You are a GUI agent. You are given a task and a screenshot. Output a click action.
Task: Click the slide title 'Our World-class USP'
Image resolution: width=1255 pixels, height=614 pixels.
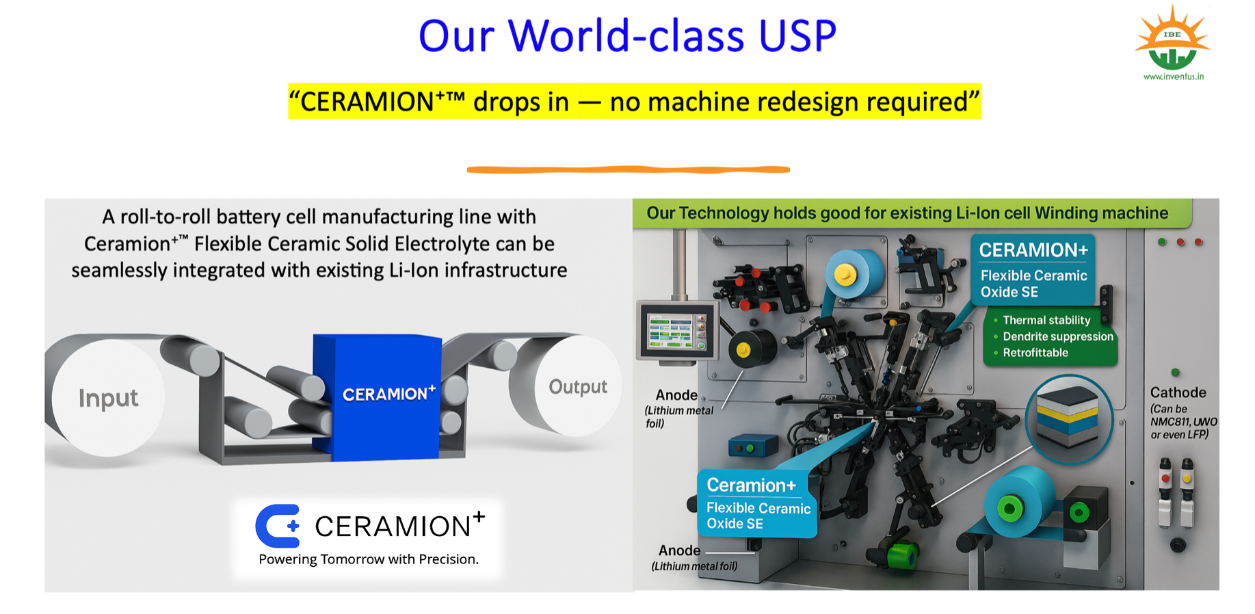click(x=627, y=36)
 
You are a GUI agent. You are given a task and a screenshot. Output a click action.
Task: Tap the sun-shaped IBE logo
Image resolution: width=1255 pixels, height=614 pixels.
click(x=1172, y=38)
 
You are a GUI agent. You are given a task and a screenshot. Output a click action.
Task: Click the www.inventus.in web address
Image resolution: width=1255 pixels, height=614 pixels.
click(x=1174, y=77)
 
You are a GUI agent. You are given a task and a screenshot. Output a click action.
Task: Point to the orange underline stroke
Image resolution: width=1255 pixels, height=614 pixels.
click(x=629, y=169)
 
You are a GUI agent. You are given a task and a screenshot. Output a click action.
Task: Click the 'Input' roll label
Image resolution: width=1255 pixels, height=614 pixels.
click(x=108, y=398)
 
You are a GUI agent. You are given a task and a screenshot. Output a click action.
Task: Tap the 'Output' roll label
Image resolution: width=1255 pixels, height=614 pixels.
click(x=578, y=387)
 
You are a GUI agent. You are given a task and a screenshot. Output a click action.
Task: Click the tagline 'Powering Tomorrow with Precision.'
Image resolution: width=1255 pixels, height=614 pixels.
click(x=369, y=559)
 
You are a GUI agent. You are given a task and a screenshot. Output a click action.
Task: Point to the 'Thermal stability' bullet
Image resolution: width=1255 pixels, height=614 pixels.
click(x=1046, y=320)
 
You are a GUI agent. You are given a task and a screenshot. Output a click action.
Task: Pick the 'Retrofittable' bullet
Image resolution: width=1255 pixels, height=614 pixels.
click(x=1035, y=353)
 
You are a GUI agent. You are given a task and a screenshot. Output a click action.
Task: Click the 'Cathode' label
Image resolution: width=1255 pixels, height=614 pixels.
click(x=1178, y=392)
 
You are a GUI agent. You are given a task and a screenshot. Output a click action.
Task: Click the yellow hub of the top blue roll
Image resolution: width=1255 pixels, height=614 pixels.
click(x=845, y=275)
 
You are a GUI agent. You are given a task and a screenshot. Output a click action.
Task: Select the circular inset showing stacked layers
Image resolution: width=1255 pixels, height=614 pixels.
click(x=1068, y=419)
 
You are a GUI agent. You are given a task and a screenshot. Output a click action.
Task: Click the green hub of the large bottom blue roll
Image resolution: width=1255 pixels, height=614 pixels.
click(x=1009, y=508)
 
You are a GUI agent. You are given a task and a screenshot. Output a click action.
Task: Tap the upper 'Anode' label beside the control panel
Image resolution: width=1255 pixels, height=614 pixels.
click(x=676, y=395)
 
